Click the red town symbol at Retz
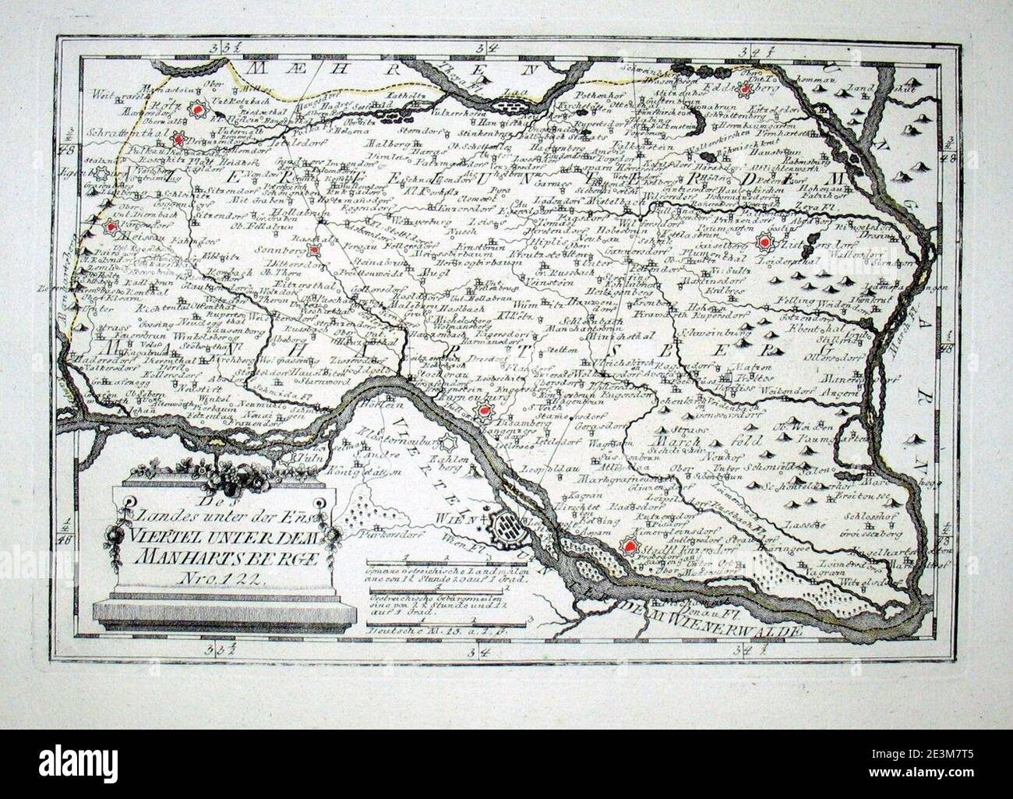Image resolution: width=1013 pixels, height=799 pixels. tap(198, 110)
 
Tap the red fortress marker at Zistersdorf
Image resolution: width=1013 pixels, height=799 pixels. tap(765, 244)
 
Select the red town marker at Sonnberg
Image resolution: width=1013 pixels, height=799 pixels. tap(313, 252)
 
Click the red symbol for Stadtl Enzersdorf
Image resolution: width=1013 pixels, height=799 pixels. tap(630, 548)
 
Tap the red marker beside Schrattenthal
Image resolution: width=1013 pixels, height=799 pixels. tap(180, 140)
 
